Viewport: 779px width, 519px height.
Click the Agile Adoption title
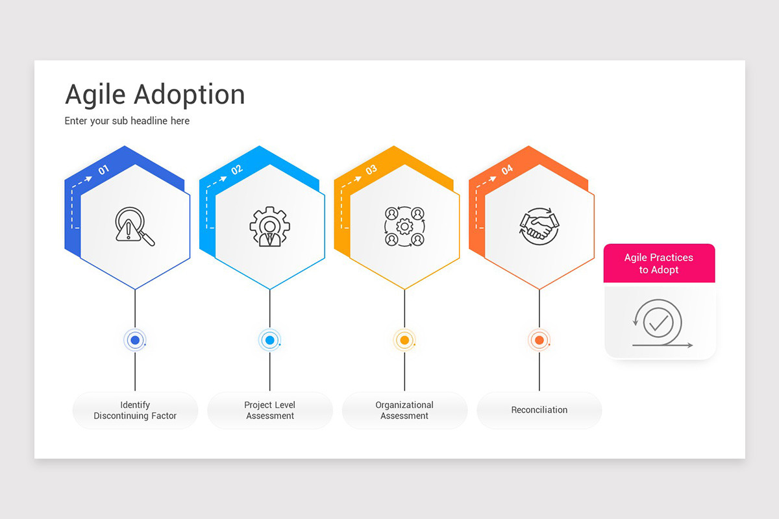point(155,95)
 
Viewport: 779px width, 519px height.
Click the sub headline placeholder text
point(127,121)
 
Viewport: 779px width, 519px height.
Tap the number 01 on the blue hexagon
point(104,170)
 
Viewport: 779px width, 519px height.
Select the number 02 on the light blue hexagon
point(237,170)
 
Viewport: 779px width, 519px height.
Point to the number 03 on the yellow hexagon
point(371,170)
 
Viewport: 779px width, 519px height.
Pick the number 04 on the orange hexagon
point(507,170)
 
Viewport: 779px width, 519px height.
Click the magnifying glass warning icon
point(134,226)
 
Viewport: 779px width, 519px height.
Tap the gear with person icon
point(269,226)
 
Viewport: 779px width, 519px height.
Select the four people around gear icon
point(404,226)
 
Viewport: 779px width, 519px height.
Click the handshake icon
point(539,226)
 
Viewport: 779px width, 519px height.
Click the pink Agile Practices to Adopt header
point(659,263)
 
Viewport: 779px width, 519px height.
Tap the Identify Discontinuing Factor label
point(135,410)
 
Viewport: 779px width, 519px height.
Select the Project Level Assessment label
point(270,410)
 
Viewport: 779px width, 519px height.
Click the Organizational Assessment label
point(404,410)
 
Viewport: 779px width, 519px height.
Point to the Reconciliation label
point(539,410)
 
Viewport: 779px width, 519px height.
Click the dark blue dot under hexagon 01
point(135,340)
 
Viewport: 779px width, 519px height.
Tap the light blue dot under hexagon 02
point(269,340)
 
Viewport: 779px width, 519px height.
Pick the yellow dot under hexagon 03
point(404,340)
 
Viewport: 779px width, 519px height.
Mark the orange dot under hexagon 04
point(539,340)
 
